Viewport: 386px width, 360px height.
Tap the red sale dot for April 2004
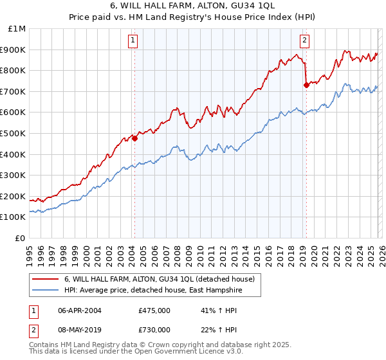(x=134, y=138)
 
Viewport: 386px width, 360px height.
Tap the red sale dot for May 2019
(x=306, y=85)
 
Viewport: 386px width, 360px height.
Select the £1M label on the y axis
(x=18, y=28)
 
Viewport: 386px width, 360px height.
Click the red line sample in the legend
(x=46, y=279)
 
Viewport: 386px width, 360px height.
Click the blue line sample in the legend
(x=46, y=291)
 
